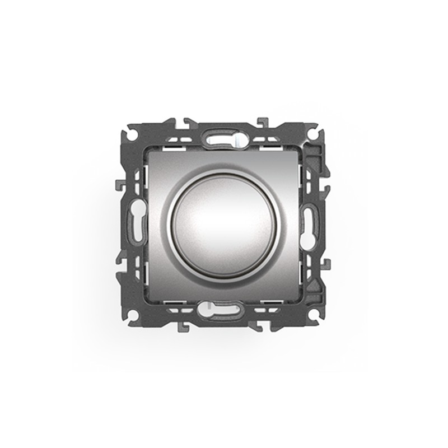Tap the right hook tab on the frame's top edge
click(262, 121)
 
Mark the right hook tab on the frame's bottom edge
click(262, 327)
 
